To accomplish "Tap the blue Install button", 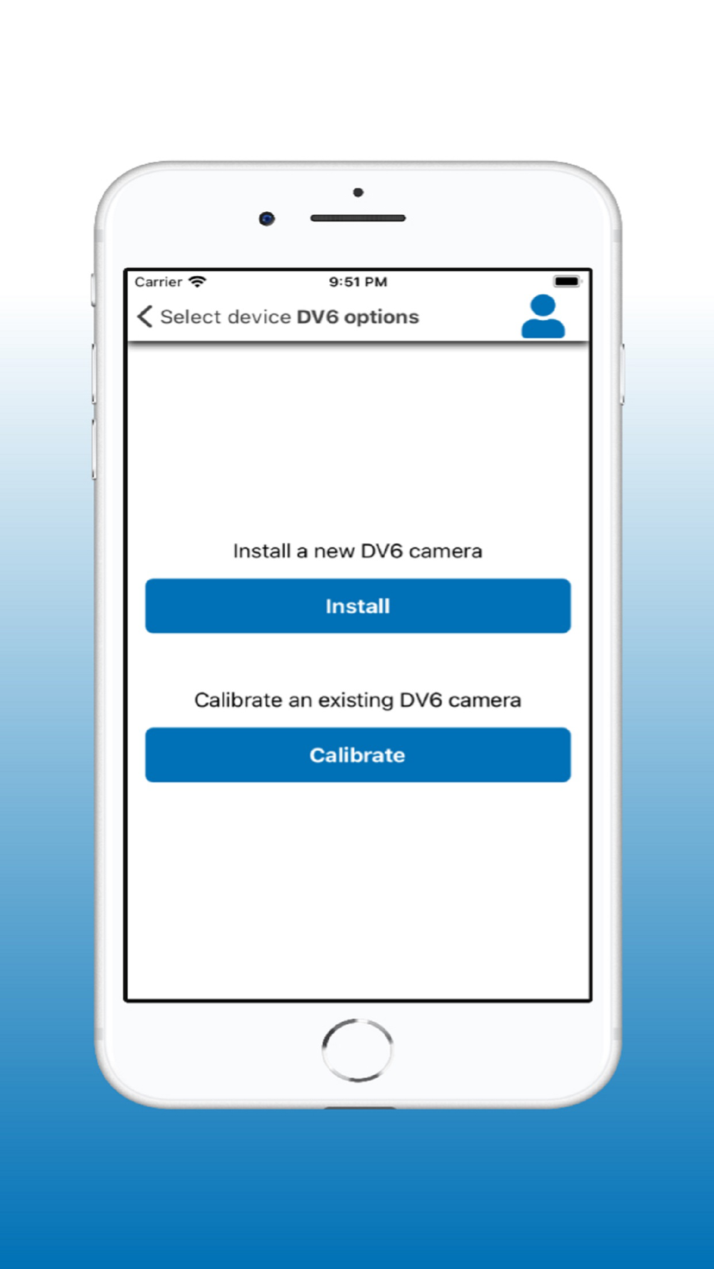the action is pyautogui.click(x=358, y=606).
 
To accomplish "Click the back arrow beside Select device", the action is pyautogui.click(x=145, y=316).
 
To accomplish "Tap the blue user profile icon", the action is pyautogui.click(x=543, y=316).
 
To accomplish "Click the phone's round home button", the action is pyautogui.click(x=357, y=1050).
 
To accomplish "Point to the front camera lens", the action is pyautogui.click(x=267, y=218).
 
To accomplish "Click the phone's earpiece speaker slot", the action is pyautogui.click(x=358, y=218).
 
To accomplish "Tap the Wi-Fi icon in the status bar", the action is pyautogui.click(x=197, y=282).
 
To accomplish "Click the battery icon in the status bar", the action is pyautogui.click(x=568, y=281).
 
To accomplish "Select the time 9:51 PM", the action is pyautogui.click(x=358, y=282).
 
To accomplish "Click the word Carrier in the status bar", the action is pyautogui.click(x=159, y=282).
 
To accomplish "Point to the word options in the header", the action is pyautogui.click(x=381, y=318).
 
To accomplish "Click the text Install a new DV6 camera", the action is pyautogui.click(x=358, y=551).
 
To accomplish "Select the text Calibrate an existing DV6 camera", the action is pyautogui.click(x=358, y=700).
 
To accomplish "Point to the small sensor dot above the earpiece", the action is pyautogui.click(x=358, y=193).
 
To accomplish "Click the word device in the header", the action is pyautogui.click(x=258, y=317).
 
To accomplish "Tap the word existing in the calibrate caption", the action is pyautogui.click(x=356, y=701).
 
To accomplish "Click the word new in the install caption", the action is pyautogui.click(x=334, y=552).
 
